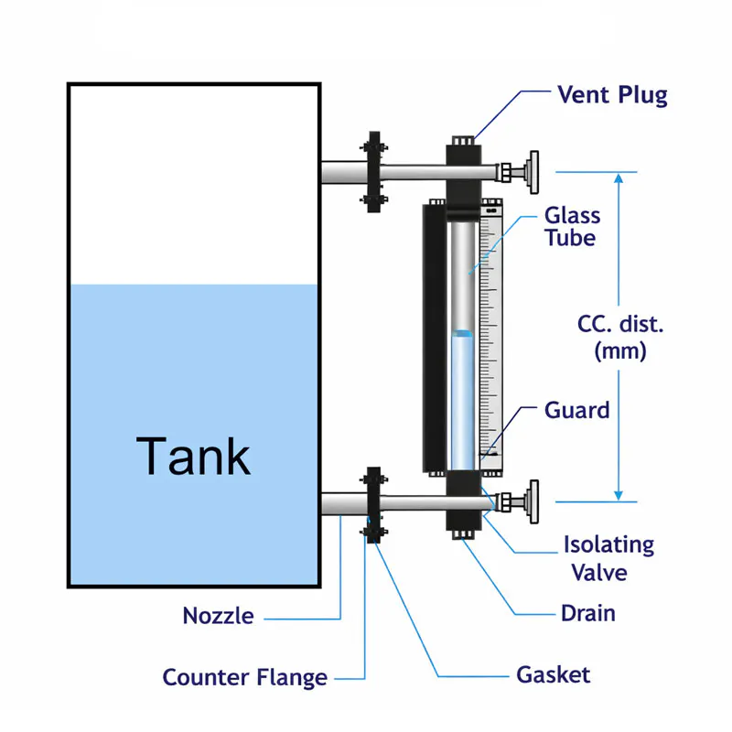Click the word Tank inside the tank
point(193,456)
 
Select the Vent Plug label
point(612,95)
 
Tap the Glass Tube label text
point(573,227)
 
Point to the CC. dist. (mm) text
point(620,338)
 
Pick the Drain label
point(587,613)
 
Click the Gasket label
point(554,675)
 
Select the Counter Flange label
point(244,678)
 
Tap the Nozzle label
point(218,616)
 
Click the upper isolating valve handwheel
point(530,172)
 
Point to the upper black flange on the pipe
point(372,172)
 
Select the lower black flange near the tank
point(372,504)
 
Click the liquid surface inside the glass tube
point(463,332)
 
